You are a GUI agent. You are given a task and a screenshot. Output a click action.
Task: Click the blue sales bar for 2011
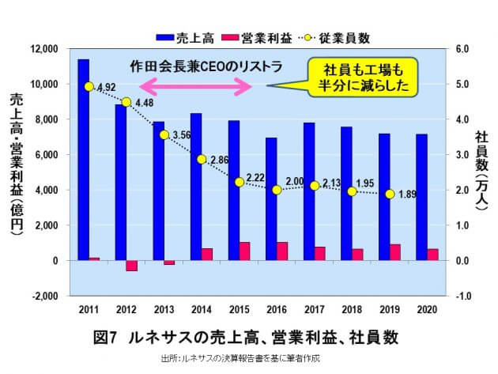click(x=83, y=158)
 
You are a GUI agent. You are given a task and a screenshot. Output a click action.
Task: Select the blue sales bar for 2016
click(x=271, y=198)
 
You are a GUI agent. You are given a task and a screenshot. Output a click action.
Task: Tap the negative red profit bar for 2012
click(x=132, y=266)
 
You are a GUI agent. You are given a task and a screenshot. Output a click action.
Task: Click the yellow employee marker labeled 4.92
click(x=89, y=86)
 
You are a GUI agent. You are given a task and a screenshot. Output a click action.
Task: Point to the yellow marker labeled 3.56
click(x=164, y=134)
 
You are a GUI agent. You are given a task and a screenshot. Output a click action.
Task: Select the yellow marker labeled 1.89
click(x=390, y=194)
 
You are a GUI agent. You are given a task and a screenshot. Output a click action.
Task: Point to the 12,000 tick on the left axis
click(x=51, y=49)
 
